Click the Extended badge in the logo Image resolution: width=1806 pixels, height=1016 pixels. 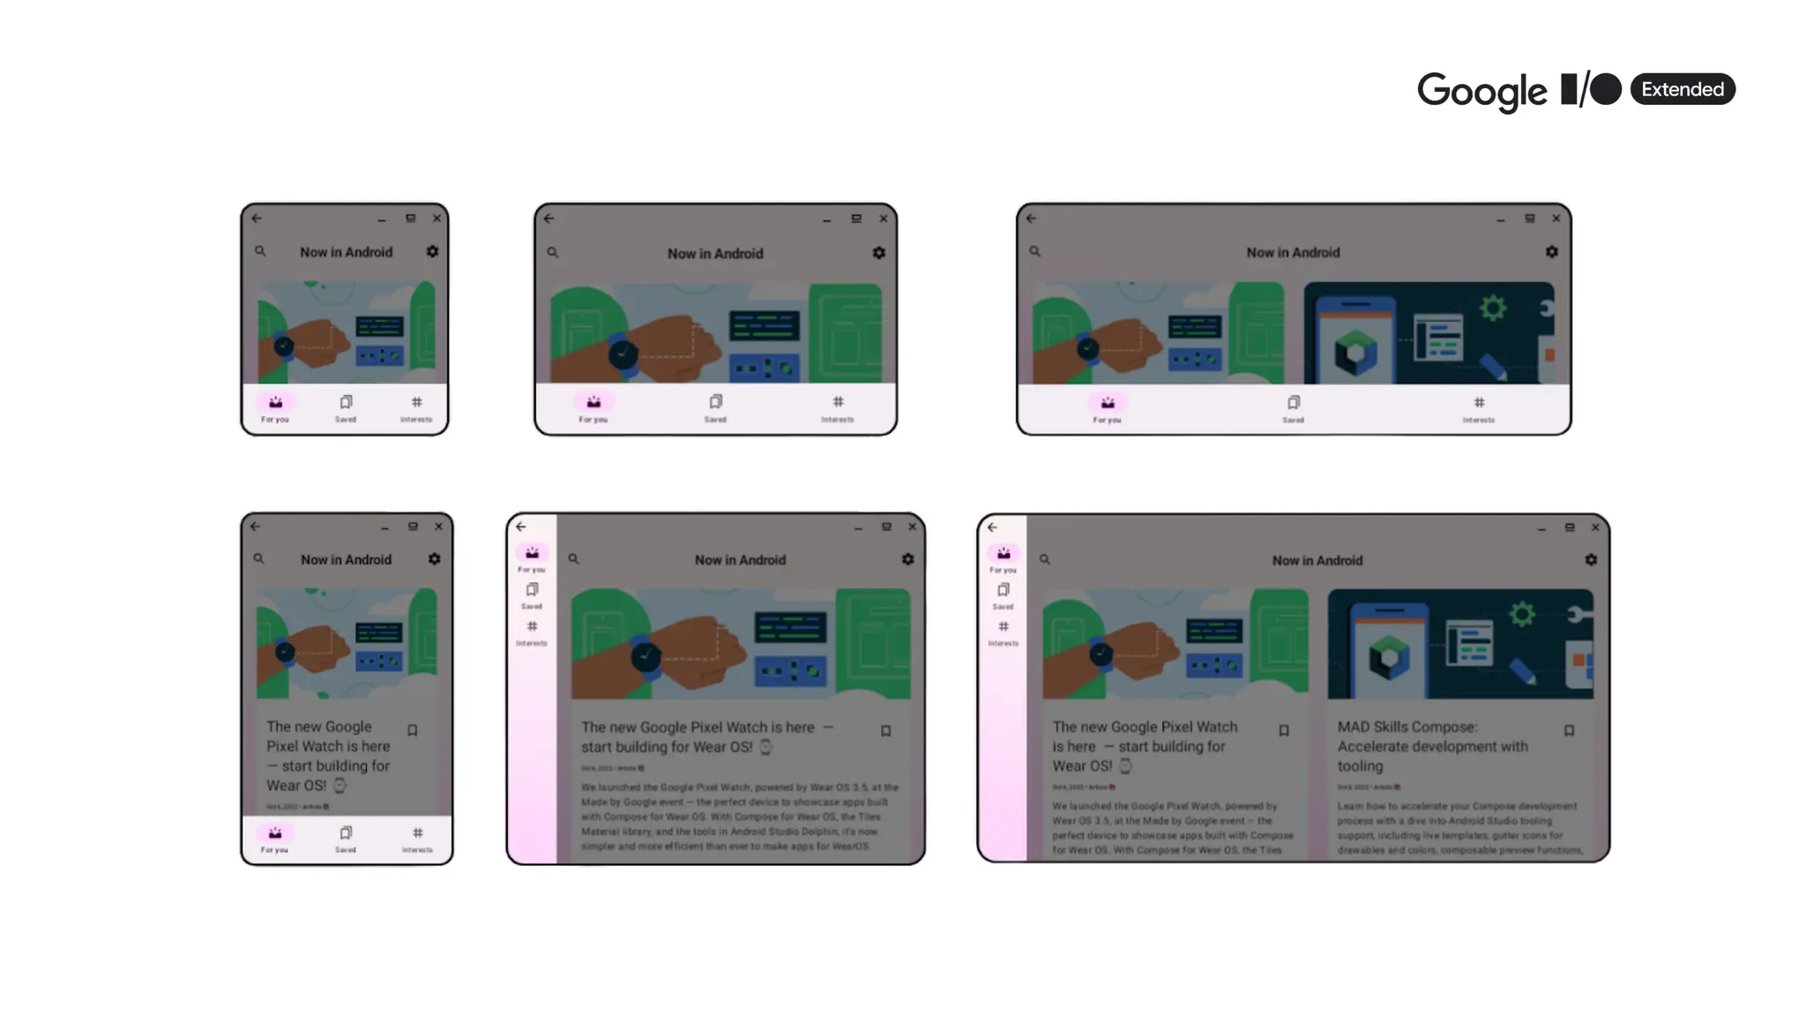click(x=1682, y=89)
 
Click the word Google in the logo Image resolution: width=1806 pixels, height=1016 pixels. click(x=1481, y=91)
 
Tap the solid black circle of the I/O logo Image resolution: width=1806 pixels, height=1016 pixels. click(x=1606, y=89)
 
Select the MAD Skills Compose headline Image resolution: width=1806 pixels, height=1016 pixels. click(x=1432, y=746)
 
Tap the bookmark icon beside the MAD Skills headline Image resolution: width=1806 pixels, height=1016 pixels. click(x=1569, y=730)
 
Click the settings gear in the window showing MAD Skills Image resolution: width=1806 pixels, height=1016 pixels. click(x=1591, y=560)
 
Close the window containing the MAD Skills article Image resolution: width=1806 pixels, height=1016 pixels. click(x=1595, y=527)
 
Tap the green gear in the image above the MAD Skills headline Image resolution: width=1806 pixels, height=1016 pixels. click(x=1522, y=614)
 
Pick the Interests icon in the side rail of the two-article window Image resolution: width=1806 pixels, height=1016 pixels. click(x=1004, y=627)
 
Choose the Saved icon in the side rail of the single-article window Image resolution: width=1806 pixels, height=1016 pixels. click(x=532, y=590)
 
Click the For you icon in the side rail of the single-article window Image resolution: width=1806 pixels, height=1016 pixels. click(x=532, y=554)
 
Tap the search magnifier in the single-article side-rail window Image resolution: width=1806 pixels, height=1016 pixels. click(x=573, y=559)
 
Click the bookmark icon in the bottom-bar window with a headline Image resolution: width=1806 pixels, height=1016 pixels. click(x=412, y=730)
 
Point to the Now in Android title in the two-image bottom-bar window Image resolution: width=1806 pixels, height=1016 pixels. click(x=1293, y=252)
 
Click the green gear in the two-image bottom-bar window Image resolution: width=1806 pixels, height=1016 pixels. click(x=1493, y=308)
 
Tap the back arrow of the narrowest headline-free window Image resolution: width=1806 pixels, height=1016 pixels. click(x=257, y=218)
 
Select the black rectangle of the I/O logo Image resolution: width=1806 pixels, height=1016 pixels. click(x=1569, y=89)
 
